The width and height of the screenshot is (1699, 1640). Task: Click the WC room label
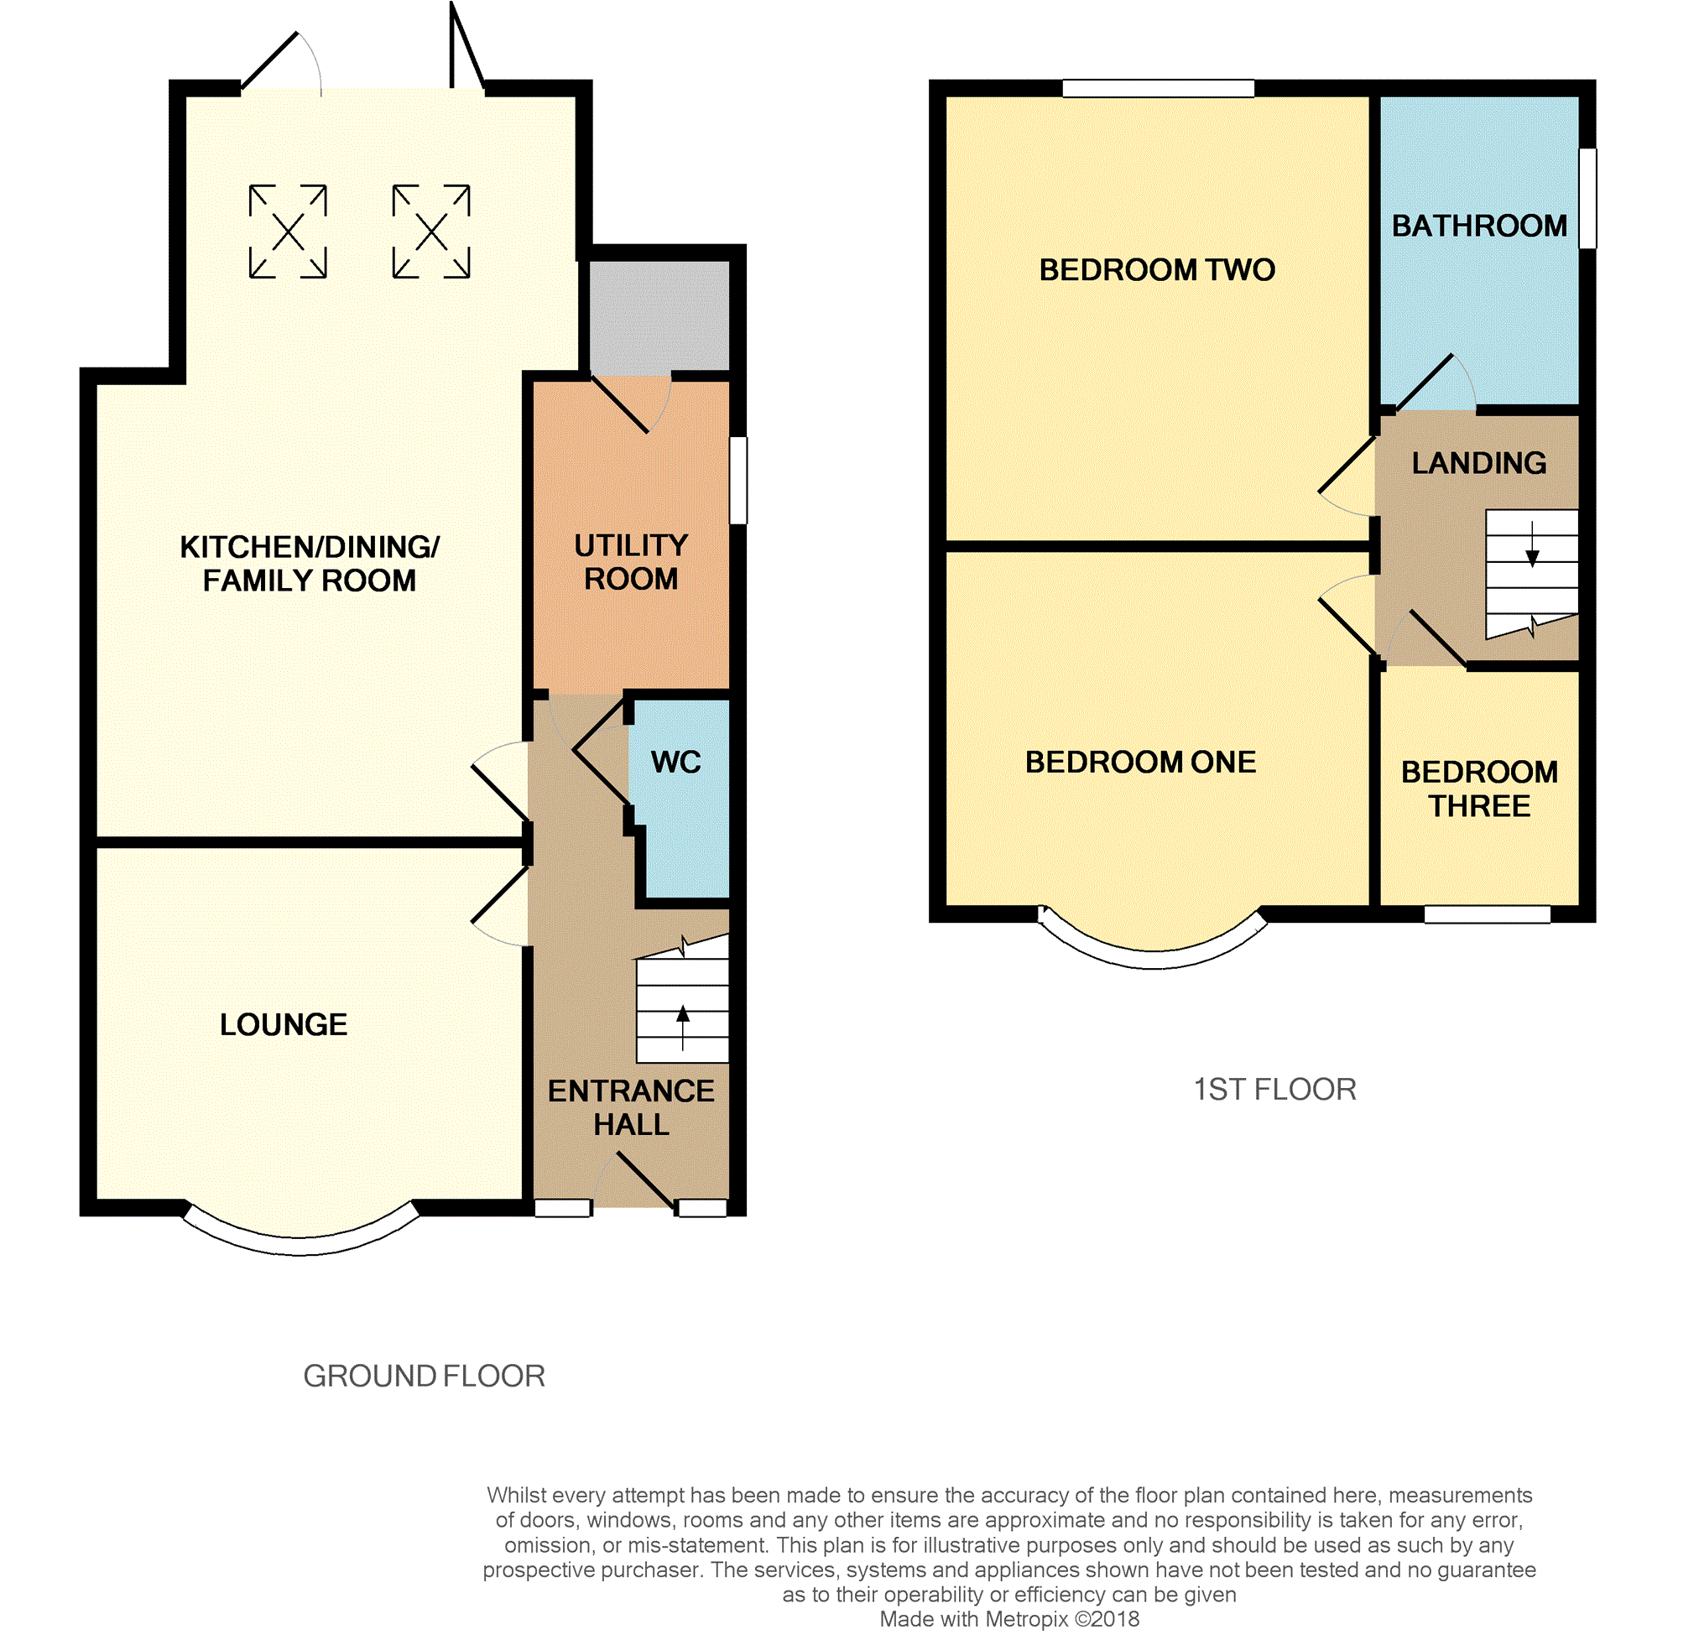click(x=675, y=762)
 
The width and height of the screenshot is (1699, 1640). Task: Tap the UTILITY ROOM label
click(x=631, y=562)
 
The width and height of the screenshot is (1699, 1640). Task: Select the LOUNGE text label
click(x=284, y=1024)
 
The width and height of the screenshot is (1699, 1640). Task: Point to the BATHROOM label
click(x=1480, y=226)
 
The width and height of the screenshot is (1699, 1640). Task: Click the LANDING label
click(x=1479, y=463)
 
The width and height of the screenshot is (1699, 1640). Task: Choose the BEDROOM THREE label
click(x=1480, y=789)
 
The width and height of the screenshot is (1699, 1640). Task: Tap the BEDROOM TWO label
click(x=1157, y=269)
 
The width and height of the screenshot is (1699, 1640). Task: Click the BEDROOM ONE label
click(x=1141, y=762)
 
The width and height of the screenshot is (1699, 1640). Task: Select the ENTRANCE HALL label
click(x=631, y=1107)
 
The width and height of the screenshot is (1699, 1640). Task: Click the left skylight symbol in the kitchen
click(x=288, y=232)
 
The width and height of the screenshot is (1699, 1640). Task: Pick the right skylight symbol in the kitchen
click(x=430, y=232)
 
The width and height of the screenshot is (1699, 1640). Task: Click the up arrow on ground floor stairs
click(x=683, y=1027)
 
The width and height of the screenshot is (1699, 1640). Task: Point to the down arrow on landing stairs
click(x=1533, y=544)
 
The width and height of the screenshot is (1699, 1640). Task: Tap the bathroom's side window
click(x=1587, y=199)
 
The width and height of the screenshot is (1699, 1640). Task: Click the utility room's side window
click(x=737, y=480)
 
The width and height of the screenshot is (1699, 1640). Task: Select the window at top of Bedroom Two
click(x=1158, y=88)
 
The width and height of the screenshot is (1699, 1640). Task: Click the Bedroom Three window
click(x=1488, y=914)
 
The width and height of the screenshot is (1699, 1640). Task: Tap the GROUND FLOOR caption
click(x=424, y=1376)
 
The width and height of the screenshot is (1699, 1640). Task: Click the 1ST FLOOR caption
click(x=1274, y=1090)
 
